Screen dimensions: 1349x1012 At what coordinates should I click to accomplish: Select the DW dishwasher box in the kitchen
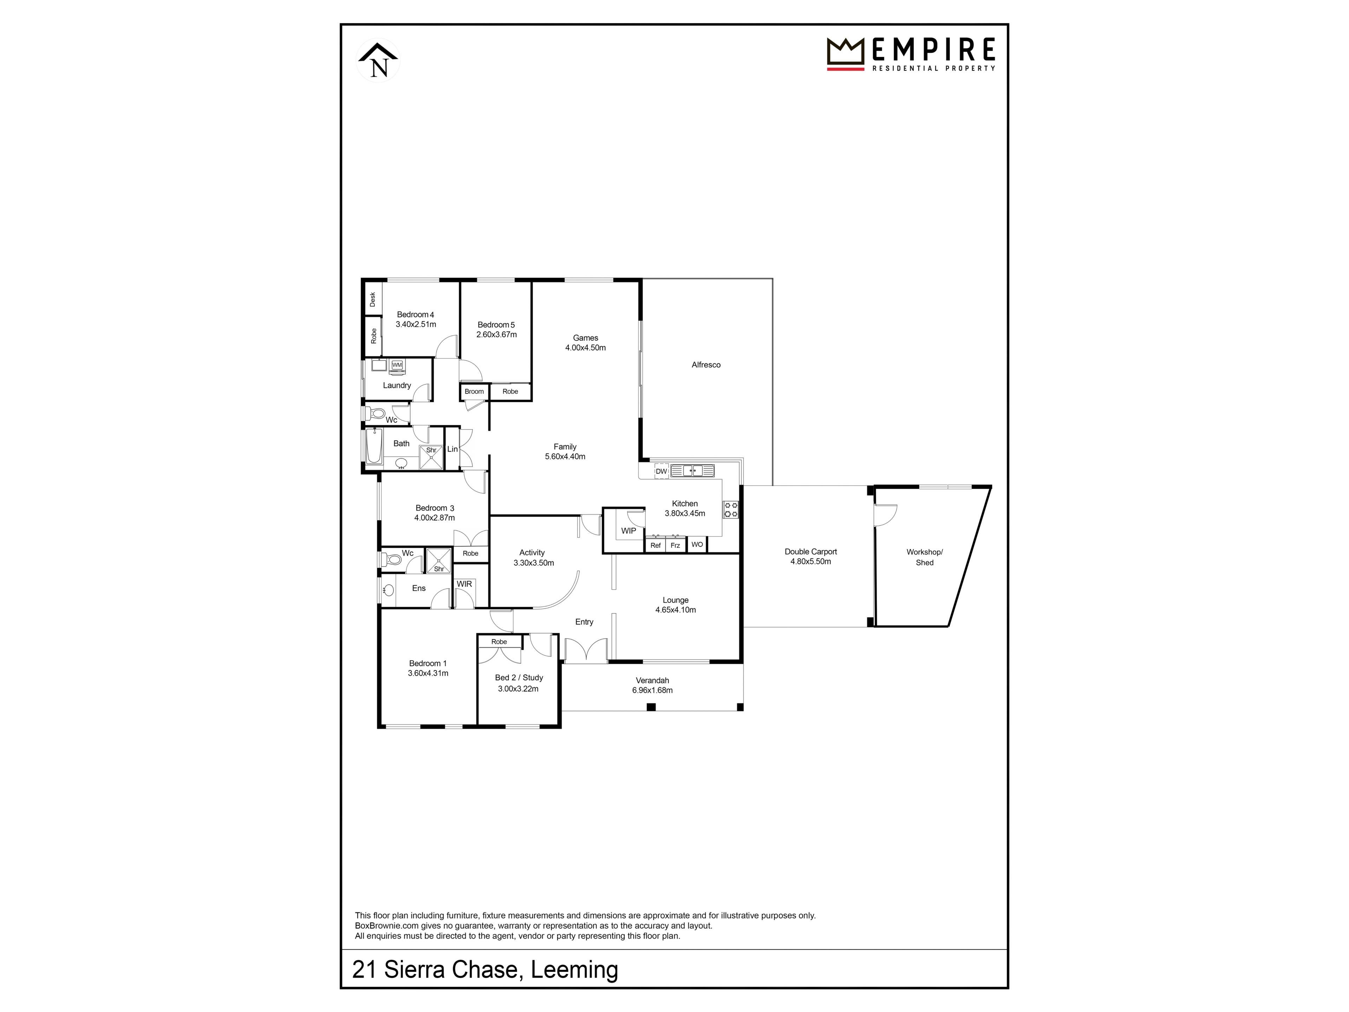point(661,471)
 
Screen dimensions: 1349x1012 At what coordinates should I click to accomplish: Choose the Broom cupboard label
point(474,392)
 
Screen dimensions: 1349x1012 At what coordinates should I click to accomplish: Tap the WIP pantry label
point(628,531)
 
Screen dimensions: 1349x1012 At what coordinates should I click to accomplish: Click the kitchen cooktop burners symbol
point(731,510)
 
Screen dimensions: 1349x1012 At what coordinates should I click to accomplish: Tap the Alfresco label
point(706,365)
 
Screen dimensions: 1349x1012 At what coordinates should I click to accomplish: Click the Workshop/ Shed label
point(925,557)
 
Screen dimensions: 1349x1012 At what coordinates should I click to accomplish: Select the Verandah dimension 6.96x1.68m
point(652,690)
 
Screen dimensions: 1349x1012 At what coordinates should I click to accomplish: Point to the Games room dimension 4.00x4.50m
point(586,348)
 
